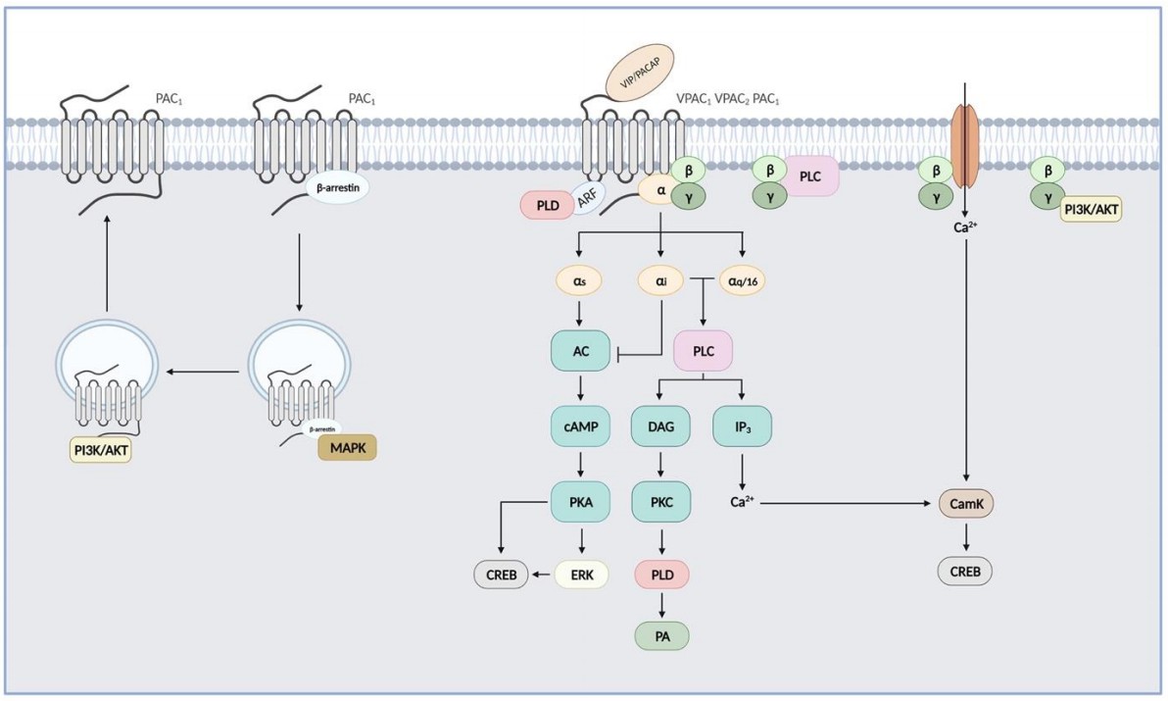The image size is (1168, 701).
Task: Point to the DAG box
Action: pos(661,427)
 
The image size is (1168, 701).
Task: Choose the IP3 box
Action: pos(742,427)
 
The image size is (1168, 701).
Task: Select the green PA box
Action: pos(660,634)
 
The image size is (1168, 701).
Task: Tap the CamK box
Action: pos(966,504)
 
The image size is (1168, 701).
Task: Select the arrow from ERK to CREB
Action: pos(542,575)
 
